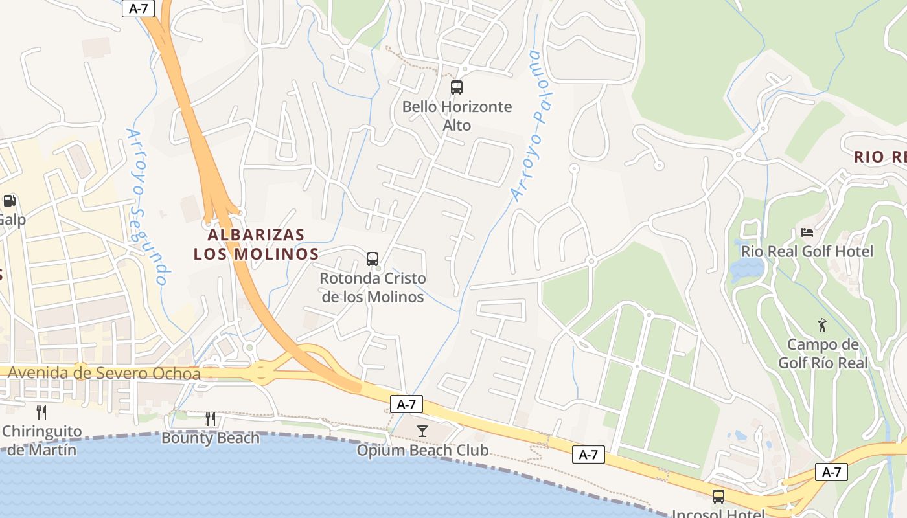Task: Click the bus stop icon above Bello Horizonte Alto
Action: [457, 87]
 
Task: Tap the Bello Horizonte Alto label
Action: [457, 116]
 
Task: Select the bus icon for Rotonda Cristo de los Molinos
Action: [373, 259]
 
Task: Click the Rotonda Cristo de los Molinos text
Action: [373, 287]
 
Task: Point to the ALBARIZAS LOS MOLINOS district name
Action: [257, 244]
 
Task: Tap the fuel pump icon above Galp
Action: [9, 201]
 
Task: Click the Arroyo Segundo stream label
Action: [147, 206]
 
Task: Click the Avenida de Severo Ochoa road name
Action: [104, 373]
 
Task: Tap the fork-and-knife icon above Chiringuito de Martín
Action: [41, 412]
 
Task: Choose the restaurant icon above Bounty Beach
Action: [211, 419]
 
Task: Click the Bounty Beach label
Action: [211, 438]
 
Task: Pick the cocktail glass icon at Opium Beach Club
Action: [422, 431]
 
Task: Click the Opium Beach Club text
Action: [422, 450]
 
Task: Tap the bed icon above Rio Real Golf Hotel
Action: [807, 232]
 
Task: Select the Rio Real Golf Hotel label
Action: [807, 251]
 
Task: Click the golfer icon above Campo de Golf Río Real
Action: [822, 324]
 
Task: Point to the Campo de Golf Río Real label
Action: [822, 354]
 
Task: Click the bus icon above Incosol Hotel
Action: [718, 497]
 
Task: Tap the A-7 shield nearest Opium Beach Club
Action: [406, 405]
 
